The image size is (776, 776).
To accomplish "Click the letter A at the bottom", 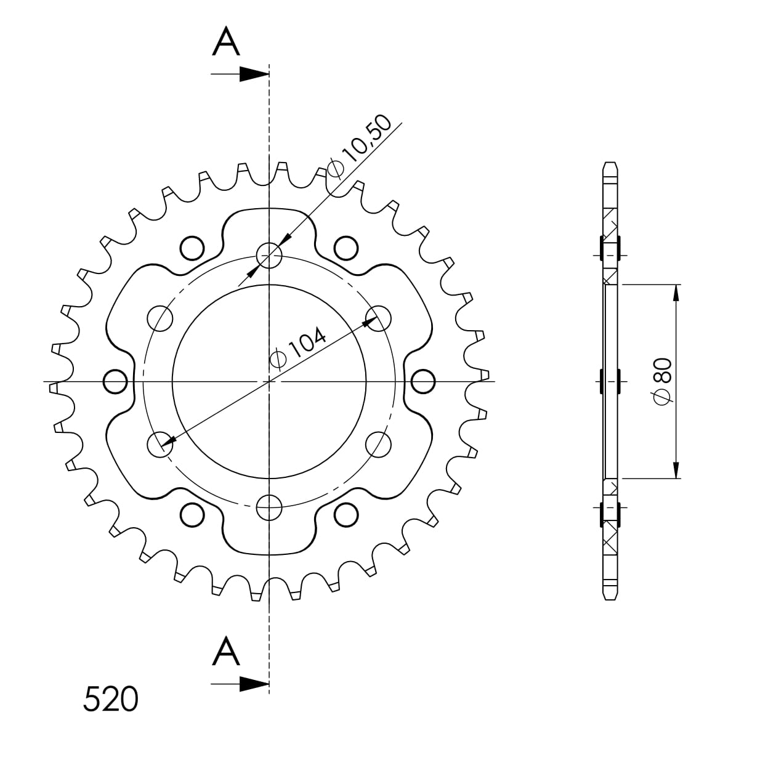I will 226,652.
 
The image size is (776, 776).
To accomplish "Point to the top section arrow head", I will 254,75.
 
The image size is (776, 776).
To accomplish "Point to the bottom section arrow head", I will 254,684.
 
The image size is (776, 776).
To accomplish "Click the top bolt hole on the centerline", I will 269,254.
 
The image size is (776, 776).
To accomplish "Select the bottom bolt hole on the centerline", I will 269,508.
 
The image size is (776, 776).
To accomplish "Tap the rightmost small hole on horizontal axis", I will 423,382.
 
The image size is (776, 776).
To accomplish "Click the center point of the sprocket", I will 269,382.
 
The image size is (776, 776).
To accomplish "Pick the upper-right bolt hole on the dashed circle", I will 378,318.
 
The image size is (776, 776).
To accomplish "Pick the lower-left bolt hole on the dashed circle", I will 160,445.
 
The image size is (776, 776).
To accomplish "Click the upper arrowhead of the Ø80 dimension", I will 676,293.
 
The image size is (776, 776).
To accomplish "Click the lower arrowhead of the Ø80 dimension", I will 676,471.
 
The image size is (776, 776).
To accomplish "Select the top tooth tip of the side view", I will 609,164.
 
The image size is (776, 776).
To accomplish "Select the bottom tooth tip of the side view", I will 609,598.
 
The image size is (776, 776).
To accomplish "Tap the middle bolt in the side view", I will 609,381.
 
